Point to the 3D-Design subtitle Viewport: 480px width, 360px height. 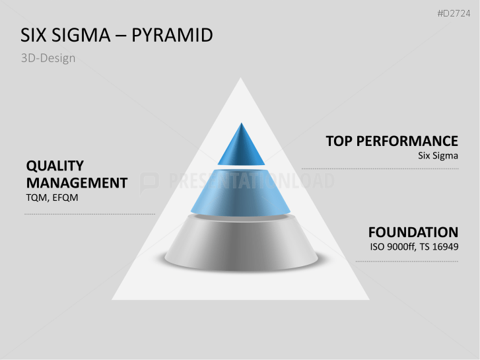48,58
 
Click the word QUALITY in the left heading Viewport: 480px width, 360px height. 55,166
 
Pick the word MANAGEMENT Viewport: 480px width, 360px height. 76,183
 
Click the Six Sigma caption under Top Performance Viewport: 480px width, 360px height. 438,156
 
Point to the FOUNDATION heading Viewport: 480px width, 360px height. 413,233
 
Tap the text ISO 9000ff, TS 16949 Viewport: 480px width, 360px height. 414,248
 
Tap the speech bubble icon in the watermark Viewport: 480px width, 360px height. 150,182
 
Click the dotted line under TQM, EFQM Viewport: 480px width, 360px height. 90,214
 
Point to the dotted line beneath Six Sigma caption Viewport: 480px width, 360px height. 380,168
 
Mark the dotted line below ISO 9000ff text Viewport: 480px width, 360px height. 407,261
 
